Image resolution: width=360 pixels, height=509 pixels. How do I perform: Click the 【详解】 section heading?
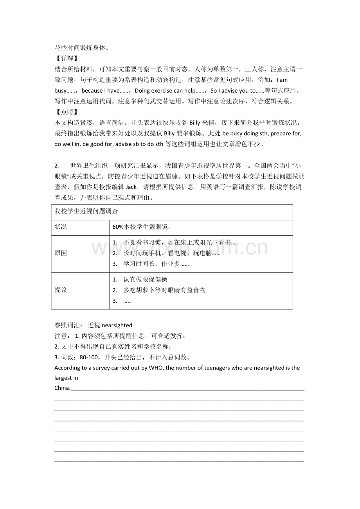coord(65,59)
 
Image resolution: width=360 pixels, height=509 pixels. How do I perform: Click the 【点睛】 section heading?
coord(65,112)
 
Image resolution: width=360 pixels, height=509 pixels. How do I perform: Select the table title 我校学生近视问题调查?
coord(86,211)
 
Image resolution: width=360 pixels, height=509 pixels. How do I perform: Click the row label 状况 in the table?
coord(61,227)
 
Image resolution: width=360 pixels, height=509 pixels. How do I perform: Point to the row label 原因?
coord(61,253)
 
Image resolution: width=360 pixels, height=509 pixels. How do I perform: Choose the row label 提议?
coord(61,290)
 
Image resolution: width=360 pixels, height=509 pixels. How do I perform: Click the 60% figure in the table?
coord(118,227)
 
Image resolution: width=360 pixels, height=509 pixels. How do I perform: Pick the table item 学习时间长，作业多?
coord(156,264)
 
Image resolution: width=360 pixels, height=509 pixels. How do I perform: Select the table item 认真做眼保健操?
coord(145,280)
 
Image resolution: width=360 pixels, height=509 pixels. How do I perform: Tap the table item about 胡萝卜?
coord(164,290)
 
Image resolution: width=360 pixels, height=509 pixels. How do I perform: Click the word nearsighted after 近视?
coord(117,325)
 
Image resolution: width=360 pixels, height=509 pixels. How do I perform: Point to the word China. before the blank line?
coord(62,388)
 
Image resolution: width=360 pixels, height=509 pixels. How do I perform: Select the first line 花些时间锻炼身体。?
coord(81,48)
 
